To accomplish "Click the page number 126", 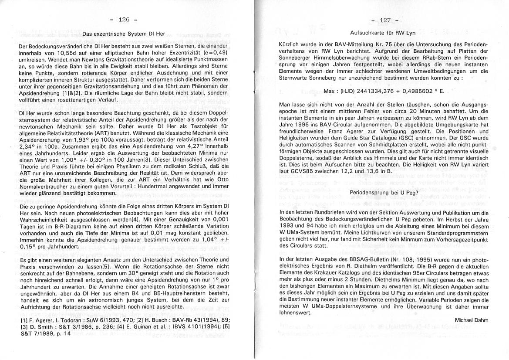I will click(x=124, y=20).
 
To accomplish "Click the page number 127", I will click(x=384, y=20).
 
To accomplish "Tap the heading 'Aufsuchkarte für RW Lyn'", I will click(x=383, y=33).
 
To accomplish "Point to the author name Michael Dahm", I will click(x=471, y=320).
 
